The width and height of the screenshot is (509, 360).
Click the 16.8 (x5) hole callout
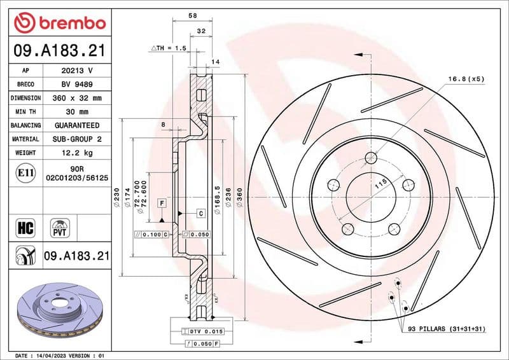[x=466, y=79]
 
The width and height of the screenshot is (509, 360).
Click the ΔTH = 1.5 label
[x=168, y=48]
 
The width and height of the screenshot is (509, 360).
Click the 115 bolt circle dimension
[x=380, y=184]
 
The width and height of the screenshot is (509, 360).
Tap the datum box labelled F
[x=163, y=202]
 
